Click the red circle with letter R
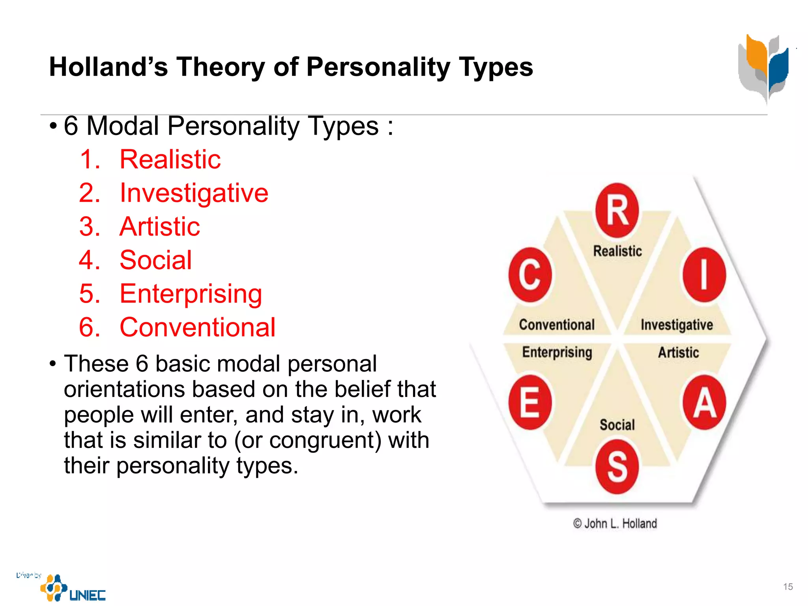point(617,210)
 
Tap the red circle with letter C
point(530,275)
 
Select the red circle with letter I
point(704,275)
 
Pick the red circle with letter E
point(530,402)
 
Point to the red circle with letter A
point(704,402)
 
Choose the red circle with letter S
point(617,466)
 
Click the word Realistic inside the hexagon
point(617,251)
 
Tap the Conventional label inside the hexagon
point(557,325)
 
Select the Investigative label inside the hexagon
point(677,325)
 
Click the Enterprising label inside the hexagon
point(557,352)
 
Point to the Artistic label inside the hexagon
point(678,352)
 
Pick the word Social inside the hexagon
point(617,425)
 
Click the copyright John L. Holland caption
point(615,524)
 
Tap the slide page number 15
point(788,587)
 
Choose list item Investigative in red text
point(194,193)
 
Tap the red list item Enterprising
point(191,294)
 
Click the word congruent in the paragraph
point(325,440)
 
